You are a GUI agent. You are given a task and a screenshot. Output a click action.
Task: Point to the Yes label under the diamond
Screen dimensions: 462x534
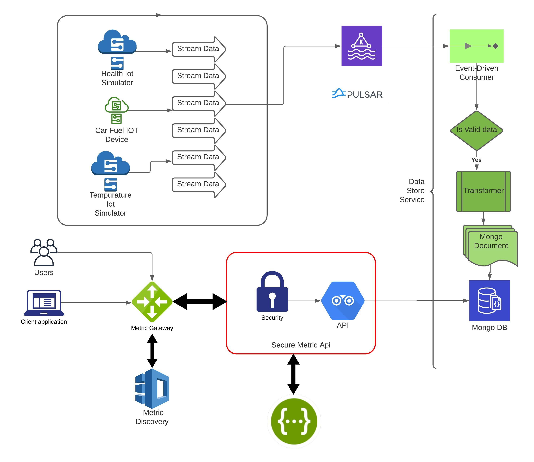(x=476, y=160)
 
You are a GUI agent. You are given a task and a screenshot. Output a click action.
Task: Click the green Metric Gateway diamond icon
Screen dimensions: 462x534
(x=152, y=302)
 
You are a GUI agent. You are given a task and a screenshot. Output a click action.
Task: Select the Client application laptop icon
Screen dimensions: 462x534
(x=44, y=303)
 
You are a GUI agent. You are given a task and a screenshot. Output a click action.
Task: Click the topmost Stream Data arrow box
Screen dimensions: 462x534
(x=198, y=49)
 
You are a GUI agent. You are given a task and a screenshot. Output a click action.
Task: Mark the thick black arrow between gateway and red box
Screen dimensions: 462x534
(x=200, y=301)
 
